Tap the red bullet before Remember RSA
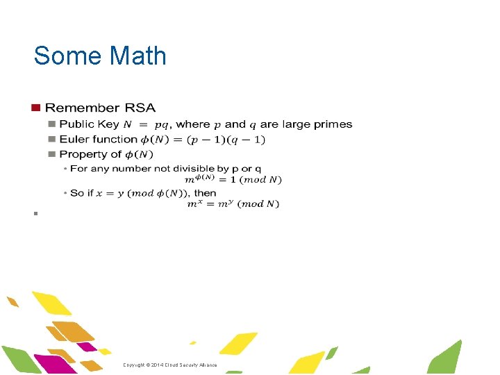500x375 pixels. pos(35,108)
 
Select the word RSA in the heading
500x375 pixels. pos(140,108)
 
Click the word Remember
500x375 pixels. pos(83,108)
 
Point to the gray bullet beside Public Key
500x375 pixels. pos(51,124)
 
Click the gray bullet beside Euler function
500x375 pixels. pos(51,139)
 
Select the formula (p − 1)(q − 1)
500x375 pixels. pos(222,140)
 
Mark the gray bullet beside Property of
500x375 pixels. pos(51,154)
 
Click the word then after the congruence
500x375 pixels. pos(206,192)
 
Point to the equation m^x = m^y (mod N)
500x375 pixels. pos(234,203)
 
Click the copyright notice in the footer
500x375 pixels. pos(170,365)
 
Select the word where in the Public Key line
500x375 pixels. pos(193,124)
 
